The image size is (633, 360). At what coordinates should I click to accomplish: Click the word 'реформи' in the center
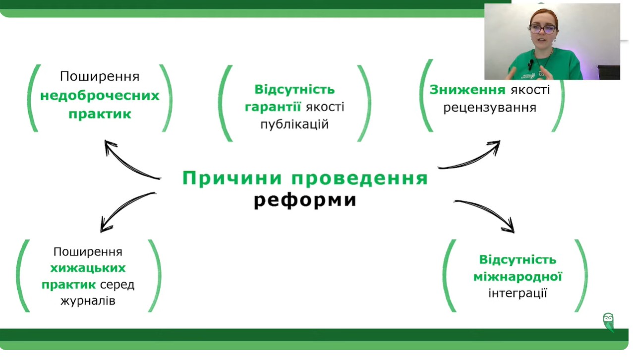pyautogui.click(x=305, y=200)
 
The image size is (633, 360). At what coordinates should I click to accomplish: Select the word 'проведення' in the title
pyautogui.click(x=360, y=179)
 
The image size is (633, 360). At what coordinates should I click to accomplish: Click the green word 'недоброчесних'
pyautogui.click(x=100, y=96)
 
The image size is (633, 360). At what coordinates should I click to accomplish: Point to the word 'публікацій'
pyautogui.click(x=294, y=124)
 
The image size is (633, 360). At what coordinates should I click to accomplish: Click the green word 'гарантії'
pyautogui.click(x=273, y=107)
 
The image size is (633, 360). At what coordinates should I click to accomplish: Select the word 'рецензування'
pyautogui.click(x=490, y=108)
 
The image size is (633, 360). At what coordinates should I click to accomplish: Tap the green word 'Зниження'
pyautogui.click(x=467, y=90)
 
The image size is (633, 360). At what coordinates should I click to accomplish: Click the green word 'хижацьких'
pyautogui.click(x=88, y=268)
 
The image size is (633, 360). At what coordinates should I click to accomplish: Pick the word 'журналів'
pyautogui.click(x=88, y=301)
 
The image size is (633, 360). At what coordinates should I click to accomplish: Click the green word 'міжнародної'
pyautogui.click(x=518, y=277)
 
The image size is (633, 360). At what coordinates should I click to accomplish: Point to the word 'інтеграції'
pyautogui.click(x=518, y=293)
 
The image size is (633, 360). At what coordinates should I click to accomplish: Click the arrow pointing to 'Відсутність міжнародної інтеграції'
pyautogui.click(x=488, y=213)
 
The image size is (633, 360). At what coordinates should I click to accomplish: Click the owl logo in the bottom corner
pyautogui.click(x=608, y=322)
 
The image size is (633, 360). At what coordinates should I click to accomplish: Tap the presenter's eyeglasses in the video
pyautogui.click(x=543, y=29)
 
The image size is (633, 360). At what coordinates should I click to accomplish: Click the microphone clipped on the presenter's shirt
pyautogui.click(x=531, y=63)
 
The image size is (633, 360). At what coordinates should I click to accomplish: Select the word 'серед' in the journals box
pyautogui.click(x=117, y=285)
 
